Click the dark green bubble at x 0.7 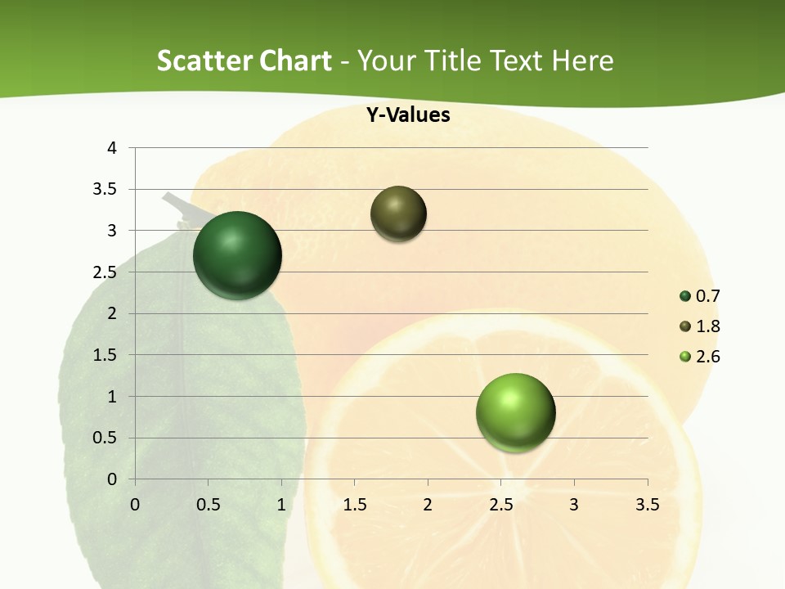237,255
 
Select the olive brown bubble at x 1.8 398,214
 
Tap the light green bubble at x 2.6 515,412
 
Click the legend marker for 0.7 685,296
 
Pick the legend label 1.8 708,326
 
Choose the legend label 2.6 708,357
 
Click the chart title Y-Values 407,115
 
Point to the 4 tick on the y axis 112,148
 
